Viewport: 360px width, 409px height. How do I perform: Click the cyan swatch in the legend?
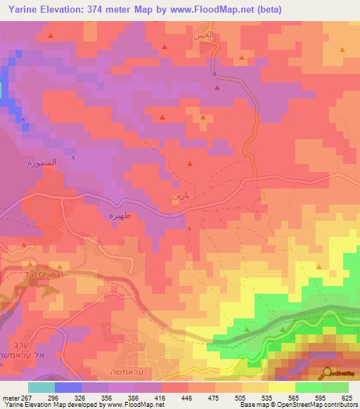click(41, 387)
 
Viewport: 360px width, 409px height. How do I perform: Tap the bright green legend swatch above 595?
click(308, 387)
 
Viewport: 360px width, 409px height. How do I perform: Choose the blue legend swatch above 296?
click(68, 387)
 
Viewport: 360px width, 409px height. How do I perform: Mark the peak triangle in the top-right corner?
click(342, 50)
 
